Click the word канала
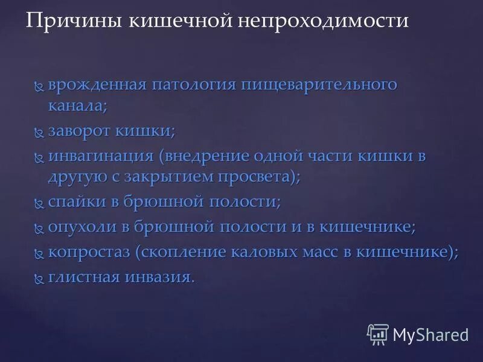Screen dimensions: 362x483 tap(78, 106)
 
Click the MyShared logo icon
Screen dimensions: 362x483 tap(378, 334)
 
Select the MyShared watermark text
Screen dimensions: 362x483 tap(430, 334)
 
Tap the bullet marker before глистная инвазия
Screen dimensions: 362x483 tap(39, 278)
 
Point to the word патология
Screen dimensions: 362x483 tap(194, 84)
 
